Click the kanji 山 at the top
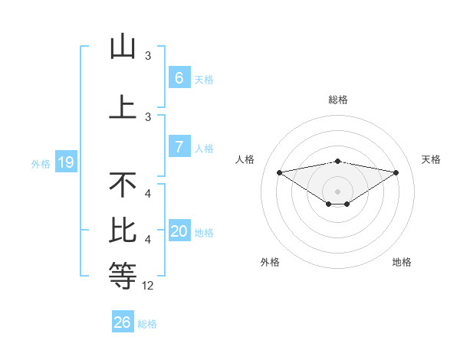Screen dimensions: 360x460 click(123, 47)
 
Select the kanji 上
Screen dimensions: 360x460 click(123, 106)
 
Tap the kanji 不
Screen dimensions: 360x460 click(123, 186)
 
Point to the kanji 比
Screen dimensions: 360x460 click(123, 231)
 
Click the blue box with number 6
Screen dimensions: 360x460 click(179, 78)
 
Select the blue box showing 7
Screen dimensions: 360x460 click(179, 147)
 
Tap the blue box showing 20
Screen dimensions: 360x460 click(179, 231)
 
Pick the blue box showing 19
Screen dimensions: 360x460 click(66, 162)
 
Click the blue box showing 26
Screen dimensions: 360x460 click(122, 322)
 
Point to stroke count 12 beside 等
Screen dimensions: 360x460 click(148, 286)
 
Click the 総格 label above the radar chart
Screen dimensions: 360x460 click(338, 100)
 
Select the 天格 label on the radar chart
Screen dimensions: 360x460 click(431, 159)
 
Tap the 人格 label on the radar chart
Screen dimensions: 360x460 click(245, 159)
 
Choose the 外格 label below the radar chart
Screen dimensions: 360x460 click(269, 262)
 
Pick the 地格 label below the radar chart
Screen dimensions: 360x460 click(402, 262)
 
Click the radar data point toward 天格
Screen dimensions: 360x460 click(396, 172)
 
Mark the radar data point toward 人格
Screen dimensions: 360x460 click(279, 172)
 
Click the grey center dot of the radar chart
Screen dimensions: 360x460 click(338, 191)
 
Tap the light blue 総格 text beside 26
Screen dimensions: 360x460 click(147, 324)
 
